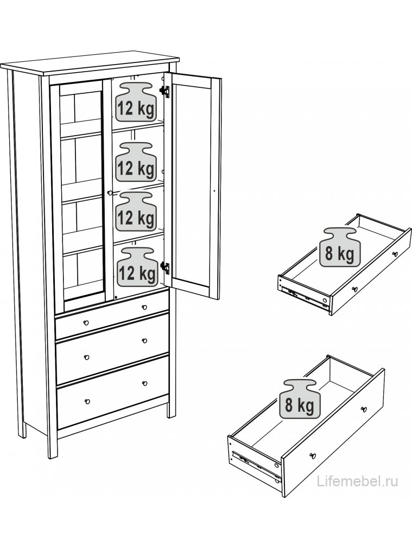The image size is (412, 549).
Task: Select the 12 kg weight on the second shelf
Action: (x=135, y=162)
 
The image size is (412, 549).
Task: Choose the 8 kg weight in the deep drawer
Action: (x=299, y=399)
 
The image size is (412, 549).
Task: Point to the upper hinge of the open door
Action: (x=164, y=91)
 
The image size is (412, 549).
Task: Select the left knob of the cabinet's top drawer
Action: (x=86, y=322)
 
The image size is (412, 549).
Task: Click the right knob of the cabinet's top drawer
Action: (x=144, y=308)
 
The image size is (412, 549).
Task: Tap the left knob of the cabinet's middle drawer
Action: (x=86, y=357)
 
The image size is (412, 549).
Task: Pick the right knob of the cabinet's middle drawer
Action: (x=144, y=340)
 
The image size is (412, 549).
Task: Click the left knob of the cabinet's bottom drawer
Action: (x=87, y=400)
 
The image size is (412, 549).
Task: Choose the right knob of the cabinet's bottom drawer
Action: (x=145, y=383)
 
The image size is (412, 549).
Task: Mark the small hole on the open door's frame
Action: (x=214, y=191)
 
